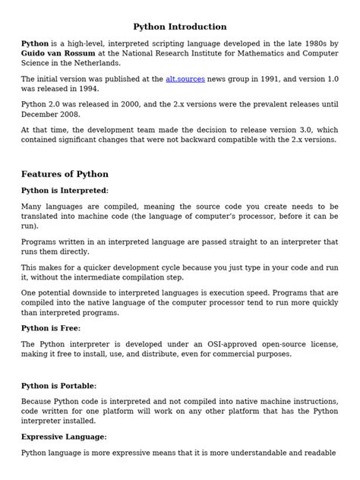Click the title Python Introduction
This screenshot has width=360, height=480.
(179, 27)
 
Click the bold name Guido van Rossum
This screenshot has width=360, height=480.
(58, 55)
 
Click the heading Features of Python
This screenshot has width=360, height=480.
(65, 174)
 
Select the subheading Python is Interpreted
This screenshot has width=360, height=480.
(65, 190)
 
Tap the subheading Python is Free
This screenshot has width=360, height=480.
(50, 328)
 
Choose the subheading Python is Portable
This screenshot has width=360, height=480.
(58, 386)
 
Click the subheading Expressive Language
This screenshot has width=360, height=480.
(64, 437)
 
